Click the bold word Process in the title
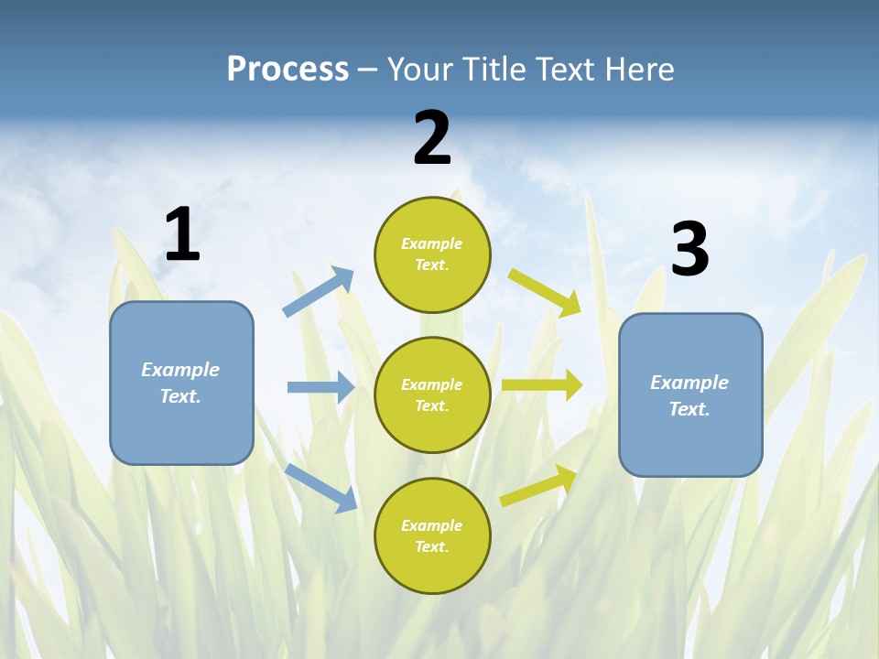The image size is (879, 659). tap(288, 70)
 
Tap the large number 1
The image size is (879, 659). tap(182, 234)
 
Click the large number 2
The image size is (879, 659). tap(432, 139)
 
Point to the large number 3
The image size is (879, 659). tap(689, 250)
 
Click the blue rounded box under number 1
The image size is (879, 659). tap(181, 383)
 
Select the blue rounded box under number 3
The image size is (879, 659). tap(690, 395)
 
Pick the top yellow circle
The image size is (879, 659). tap(432, 254)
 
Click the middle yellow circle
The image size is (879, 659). tap(432, 395)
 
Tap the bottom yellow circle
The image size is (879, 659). tap(432, 536)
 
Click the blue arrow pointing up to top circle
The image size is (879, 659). tap(319, 292)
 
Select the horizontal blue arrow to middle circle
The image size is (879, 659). tap(320, 387)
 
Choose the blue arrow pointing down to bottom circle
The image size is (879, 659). tap(321, 487)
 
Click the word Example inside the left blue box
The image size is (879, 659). tap(180, 370)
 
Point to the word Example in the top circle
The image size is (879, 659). tap(432, 243)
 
